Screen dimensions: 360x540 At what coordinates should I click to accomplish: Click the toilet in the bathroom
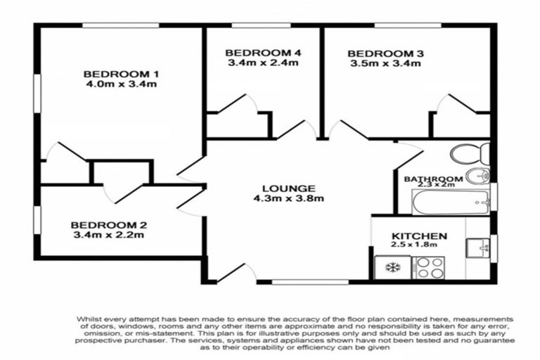pos(468,153)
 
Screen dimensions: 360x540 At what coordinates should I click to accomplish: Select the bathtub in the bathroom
pos(451,203)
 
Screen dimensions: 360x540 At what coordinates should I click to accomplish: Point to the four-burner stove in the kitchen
pos(431,267)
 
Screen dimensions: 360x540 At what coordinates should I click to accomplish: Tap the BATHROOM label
pos(432,179)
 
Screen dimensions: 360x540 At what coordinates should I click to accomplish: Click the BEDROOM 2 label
pos(108,225)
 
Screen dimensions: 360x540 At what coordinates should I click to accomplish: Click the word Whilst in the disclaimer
pos(91,319)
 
